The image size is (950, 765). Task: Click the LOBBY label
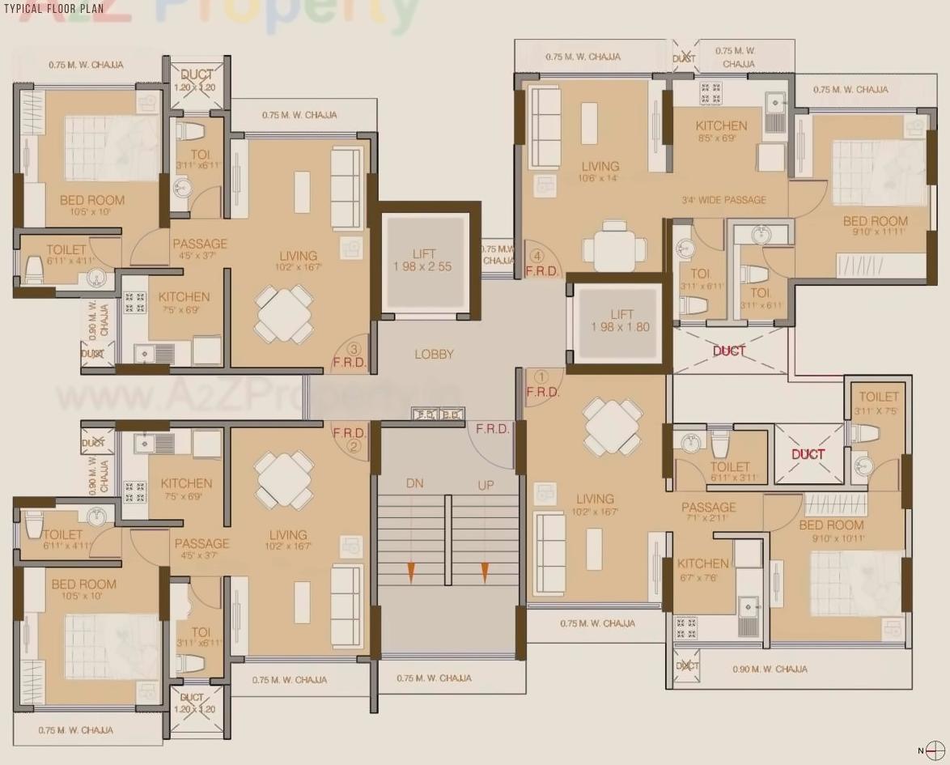pos(434,354)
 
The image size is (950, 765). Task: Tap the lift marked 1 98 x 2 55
pos(423,260)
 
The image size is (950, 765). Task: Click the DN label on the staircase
pos(414,484)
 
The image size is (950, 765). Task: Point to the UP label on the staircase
pos(486,484)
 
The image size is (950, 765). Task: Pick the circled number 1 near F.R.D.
pos(541,376)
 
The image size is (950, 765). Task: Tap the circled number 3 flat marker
pos(352,349)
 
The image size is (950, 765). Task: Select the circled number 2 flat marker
pos(353,444)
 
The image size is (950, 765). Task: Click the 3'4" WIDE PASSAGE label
pos(723,200)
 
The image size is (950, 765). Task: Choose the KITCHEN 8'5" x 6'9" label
pos(721,130)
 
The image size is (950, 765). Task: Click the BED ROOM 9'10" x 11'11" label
pos(875,226)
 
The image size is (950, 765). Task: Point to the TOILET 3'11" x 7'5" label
pos(878,402)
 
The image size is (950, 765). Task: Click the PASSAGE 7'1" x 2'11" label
pos(708,512)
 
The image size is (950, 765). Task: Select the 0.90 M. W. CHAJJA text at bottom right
pos(769,669)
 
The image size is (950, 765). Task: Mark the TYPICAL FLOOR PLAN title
pos(54,9)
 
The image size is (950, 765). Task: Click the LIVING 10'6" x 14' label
pos(599,172)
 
